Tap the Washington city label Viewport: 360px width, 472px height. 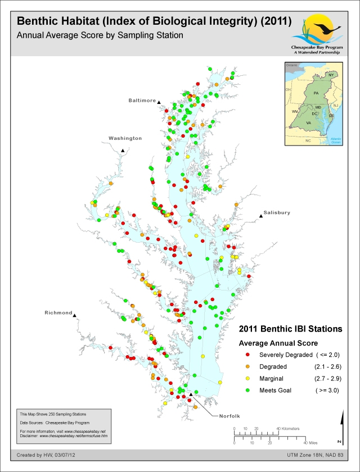[125, 138]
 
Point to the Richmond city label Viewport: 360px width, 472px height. [59, 312]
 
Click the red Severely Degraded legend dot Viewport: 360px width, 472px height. [248, 355]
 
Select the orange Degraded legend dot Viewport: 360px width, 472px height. [248, 366]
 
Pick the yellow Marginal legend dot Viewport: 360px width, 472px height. [248, 378]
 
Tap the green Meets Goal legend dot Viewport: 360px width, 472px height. [248, 390]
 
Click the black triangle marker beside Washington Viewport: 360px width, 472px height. [122, 150]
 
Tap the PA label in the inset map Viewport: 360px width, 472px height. [316, 92]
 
